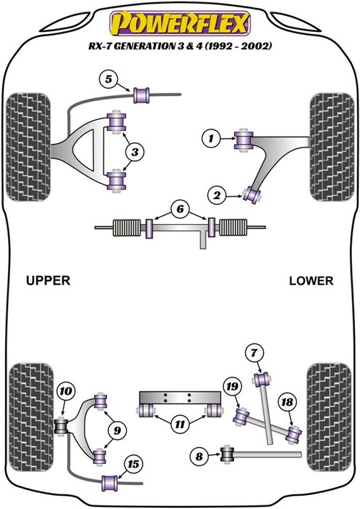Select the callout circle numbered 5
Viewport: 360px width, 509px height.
pyautogui.click(x=108, y=79)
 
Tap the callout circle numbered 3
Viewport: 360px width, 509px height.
pyautogui.click(x=135, y=151)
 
